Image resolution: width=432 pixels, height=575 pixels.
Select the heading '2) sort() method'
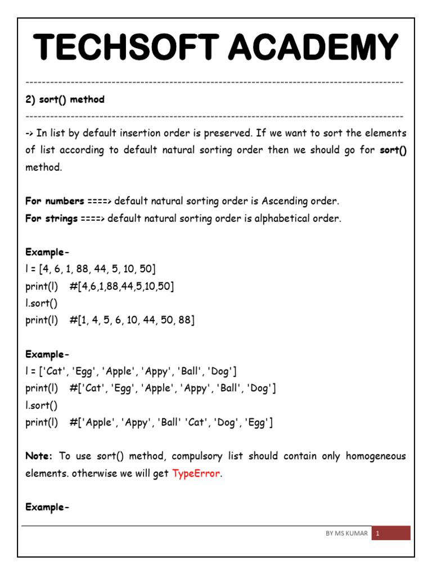pyautogui.click(x=65, y=99)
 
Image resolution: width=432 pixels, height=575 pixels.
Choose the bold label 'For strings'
pyautogui.click(x=51, y=218)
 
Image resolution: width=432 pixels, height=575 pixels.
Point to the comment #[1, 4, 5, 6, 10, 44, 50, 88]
pyautogui.click(x=132, y=320)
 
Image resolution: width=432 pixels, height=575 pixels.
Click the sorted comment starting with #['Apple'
pyautogui.click(x=172, y=422)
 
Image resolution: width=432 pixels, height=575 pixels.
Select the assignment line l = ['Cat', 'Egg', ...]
pyautogui.click(x=131, y=371)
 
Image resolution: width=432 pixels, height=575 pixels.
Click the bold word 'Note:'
pyautogui.click(x=39, y=456)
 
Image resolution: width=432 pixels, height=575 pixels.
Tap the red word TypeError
pyautogui.click(x=196, y=473)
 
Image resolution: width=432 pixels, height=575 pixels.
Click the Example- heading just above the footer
pyautogui.click(x=47, y=507)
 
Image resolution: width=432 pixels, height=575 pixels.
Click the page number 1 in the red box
pyautogui.click(x=378, y=533)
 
